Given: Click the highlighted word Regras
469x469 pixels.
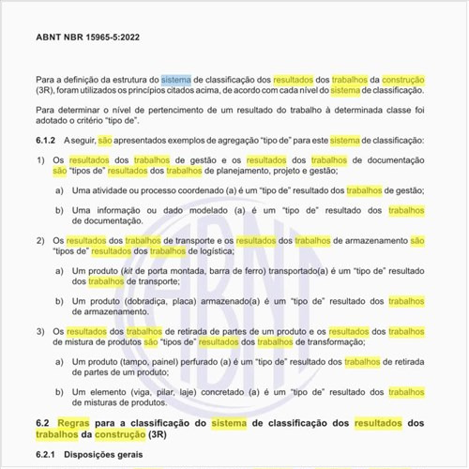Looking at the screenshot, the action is pyautogui.click(x=76, y=422).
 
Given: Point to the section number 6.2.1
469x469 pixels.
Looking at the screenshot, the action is pyautogui.click(x=47, y=455).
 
